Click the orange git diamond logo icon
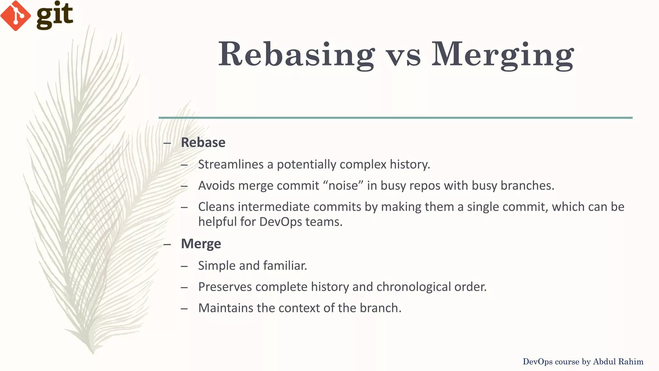coord(15,15)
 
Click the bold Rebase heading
coord(203,142)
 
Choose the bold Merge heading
coord(201,244)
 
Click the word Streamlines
coord(231,164)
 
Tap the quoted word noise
coord(343,185)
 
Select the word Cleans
coord(216,207)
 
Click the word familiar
coord(285,266)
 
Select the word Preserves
coord(225,287)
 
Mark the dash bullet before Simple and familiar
coord(184,266)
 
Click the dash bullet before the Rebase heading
coord(167,143)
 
